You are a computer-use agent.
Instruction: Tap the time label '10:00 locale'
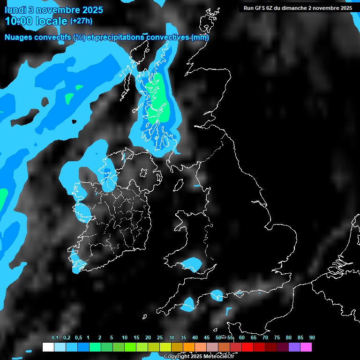(x=36, y=21)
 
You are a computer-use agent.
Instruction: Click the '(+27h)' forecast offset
(x=81, y=21)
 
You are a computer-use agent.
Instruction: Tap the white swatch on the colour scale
(x=48, y=347)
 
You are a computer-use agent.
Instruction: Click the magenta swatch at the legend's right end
(x=306, y=347)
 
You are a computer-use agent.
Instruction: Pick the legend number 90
(x=312, y=338)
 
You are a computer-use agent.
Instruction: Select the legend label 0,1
(x=54, y=338)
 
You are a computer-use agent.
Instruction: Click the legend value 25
(x=160, y=338)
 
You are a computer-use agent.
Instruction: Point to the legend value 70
(x=265, y=338)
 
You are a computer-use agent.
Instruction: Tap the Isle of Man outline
(x=179, y=186)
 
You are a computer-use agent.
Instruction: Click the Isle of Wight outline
(x=240, y=294)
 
